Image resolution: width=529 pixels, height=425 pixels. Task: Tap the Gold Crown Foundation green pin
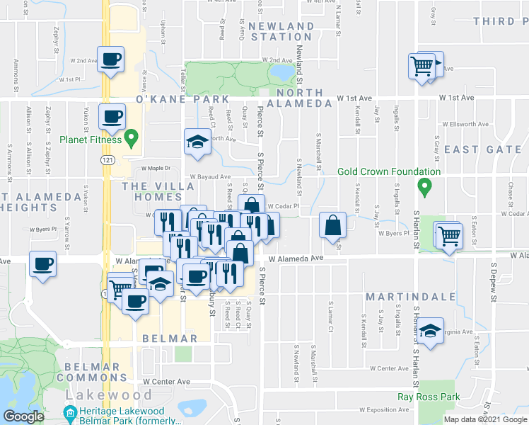coord(424,188)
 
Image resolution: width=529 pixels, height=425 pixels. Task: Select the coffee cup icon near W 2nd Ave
coord(110,60)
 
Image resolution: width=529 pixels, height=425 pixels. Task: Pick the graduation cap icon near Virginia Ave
coord(429,331)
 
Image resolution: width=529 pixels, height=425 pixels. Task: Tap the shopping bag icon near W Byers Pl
coord(332,226)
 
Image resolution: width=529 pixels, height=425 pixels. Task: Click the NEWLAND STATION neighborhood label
coord(281,31)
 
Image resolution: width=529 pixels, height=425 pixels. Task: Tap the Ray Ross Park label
coord(429,398)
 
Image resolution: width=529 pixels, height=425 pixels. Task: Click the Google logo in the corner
coord(24,416)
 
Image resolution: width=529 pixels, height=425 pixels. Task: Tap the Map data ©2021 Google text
coord(485,419)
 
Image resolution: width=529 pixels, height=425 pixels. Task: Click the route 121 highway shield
coord(104,162)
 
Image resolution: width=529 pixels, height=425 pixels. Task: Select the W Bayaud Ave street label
coord(210,177)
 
